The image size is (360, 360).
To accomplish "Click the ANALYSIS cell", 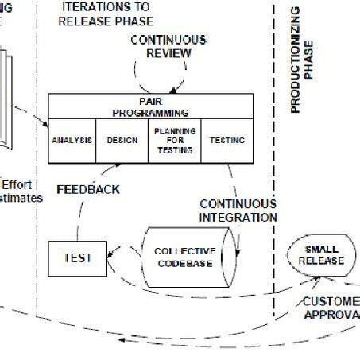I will pyautogui.click(x=72, y=141).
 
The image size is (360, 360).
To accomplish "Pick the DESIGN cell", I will pyautogui.click(x=122, y=141).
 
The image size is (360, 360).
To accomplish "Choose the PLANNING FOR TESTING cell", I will pyautogui.click(x=175, y=141).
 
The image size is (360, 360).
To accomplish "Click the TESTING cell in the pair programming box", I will pyautogui.click(x=226, y=141).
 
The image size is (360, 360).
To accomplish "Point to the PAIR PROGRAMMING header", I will pyautogui.click(x=150, y=107).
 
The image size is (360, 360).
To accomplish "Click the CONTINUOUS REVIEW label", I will pyautogui.click(x=168, y=46).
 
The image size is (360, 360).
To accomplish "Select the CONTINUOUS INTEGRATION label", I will pyautogui.click(x=238, y=211).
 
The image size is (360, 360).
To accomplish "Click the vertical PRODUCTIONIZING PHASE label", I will pyautogui.click(x=302, y=59).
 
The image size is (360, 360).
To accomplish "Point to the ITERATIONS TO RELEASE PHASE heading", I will pyautogui.click(x=106, y=14).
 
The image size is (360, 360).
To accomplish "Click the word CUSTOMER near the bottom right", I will pyautogui.click(x=330, y=301).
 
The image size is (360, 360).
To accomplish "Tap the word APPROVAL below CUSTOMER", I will pyautogui.click(x=331, y=315).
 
